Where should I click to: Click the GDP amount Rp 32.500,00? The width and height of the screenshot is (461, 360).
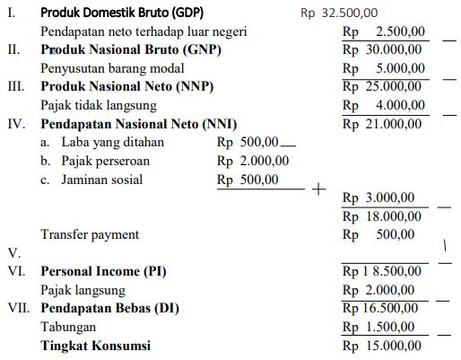339,13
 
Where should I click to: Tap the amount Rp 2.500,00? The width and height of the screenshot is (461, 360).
383,32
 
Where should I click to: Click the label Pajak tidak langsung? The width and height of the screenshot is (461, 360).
98,105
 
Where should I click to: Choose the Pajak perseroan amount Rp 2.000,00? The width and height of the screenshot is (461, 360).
253,161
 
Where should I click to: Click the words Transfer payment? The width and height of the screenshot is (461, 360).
91,234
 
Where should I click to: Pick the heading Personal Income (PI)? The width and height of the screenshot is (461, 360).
103,271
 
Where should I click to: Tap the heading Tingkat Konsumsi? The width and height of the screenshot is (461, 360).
95,346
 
